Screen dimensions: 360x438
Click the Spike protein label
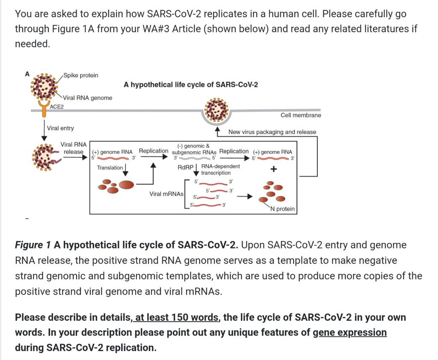coord(81,75)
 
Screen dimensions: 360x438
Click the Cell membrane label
coord(301,115)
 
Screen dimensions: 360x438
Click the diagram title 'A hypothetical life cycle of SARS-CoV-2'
coord(191,84)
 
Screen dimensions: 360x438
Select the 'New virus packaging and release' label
coord(272,132)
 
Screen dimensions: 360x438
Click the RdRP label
coord(186,167)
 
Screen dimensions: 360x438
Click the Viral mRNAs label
coord(166,194)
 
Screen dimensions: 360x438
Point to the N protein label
coord(282,209)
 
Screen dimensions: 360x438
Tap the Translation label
coord(109,168)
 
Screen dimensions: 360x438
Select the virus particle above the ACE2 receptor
coord(45,85)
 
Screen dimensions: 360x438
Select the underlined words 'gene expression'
coord(349,332)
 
